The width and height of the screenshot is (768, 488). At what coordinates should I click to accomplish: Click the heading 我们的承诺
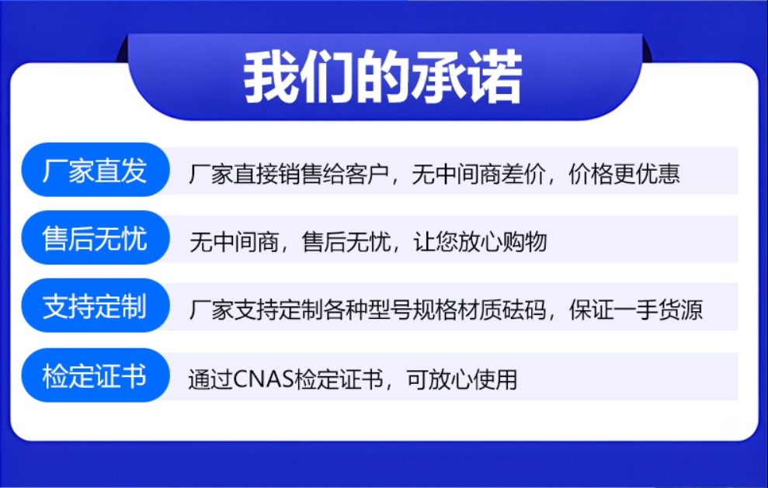coord(383,78)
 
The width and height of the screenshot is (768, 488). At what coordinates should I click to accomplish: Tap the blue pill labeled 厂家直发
coord(96,170)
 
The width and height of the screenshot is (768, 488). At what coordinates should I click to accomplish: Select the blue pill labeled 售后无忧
coord(96,238)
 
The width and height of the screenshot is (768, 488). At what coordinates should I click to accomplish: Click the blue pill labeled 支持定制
coord(96,306)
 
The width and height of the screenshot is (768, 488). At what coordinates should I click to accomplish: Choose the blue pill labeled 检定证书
coord(96,376)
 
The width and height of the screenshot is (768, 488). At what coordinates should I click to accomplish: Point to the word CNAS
coord(263,379)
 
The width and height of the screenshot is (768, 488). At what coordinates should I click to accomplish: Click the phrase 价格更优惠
coord(624,175)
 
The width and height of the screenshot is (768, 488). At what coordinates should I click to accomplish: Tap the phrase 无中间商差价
coord(478,175)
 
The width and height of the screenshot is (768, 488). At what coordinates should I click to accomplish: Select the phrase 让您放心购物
coord(480,242)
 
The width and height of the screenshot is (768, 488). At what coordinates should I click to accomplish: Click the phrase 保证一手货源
coord(636,310)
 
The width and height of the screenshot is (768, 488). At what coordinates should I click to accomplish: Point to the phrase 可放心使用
coord(461,379)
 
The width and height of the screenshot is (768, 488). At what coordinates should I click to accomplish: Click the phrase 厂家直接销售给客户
coord(289,175)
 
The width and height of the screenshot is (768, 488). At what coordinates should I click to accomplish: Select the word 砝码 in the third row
coord(523,310)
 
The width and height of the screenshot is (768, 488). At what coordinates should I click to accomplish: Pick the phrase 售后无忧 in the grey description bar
coord(346,242)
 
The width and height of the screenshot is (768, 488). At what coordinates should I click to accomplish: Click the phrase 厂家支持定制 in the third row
coord(255,310)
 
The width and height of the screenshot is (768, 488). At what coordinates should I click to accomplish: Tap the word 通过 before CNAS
coord(210,379)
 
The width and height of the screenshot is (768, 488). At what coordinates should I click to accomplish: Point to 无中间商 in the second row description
coord(234,242)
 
